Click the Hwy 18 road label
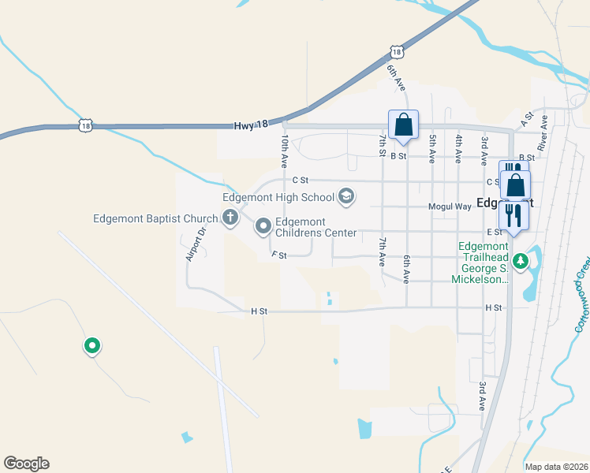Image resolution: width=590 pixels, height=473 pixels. [x=252, y=125]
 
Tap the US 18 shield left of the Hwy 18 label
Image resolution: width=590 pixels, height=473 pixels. [x=85, y=125]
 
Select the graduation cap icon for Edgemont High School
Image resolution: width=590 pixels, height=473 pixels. [x=345, y=197]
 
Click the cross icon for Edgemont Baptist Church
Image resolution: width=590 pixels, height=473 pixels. [x=230, y=218]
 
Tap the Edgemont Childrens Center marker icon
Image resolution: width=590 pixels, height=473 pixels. [x=263, y=227]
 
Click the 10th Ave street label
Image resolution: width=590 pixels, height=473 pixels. [x=284, y=150]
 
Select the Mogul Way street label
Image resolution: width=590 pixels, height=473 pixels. [x=450, y=207]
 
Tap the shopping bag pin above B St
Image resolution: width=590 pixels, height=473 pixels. [x=403, y=125]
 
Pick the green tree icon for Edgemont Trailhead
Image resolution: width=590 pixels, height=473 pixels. [x=520, y=261]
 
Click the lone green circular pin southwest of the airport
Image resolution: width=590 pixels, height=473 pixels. [x=92, y=345]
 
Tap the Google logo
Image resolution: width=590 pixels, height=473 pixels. [x=26, y=464]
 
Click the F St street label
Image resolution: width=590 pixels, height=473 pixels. [x=278, y=255]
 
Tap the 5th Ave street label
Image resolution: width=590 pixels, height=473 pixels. [x=432, y=148]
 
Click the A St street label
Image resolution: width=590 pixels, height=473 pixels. [x=528, y=119]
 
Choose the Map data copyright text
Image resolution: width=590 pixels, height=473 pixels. [x=556, y=467]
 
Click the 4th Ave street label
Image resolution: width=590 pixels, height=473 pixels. [x=458, y=148]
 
